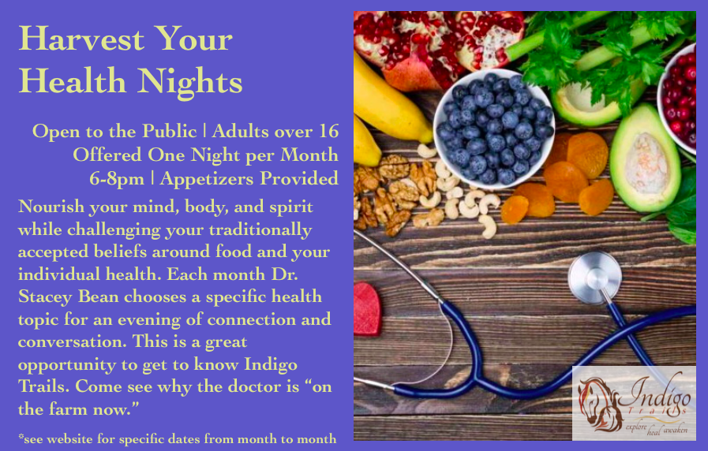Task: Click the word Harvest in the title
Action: (81, 39)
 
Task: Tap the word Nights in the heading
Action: (190, 82)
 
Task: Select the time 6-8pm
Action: (117, 179)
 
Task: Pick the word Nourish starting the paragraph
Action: (51, 207)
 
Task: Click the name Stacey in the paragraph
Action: (45, 297)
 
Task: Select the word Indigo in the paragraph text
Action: (271, 365)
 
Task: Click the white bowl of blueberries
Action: (494, 129)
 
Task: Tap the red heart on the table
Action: (368, 309)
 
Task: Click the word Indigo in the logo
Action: (659, 393)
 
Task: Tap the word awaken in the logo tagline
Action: (676, 430)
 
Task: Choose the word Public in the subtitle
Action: (170, 131)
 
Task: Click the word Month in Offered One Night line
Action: (309, 155)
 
